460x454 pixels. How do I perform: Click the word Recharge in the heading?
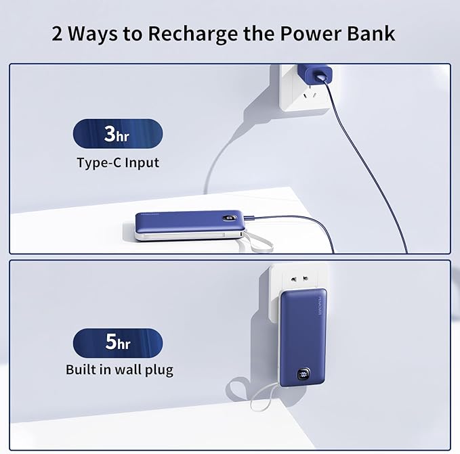tap(193, 35)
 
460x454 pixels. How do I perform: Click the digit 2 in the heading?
tap(57, 33)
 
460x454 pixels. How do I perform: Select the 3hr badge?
tap(118, 133)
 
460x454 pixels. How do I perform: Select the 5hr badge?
tap(118, 343)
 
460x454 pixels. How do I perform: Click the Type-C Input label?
tap(118, 163)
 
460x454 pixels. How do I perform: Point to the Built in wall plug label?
tap(119, 369)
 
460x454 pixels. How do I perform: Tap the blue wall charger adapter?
tap(315, 74)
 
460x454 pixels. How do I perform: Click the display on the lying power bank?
tap(230, 218)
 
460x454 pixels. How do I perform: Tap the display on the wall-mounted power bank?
tap(304, 374)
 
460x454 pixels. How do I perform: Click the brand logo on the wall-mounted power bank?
tap(320, 306)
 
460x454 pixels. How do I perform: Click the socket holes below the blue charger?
tap(310, 95)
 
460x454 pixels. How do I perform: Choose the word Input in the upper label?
tap(142, 163)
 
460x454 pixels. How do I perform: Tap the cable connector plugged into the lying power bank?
tap(249, 217)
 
